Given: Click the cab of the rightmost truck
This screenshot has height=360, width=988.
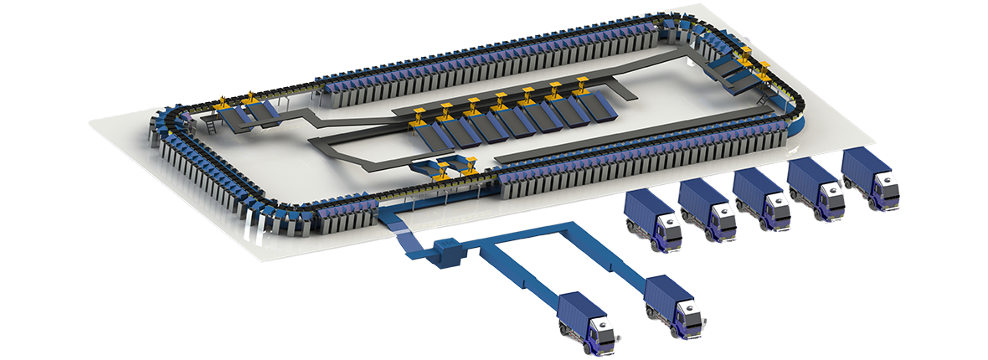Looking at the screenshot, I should pyautogui.click(x=882, y=188).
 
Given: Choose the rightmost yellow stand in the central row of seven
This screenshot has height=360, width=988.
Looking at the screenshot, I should pyautogui.click(x=582, y=85).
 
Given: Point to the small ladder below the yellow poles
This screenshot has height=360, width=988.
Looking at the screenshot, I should pyautogui.click(x=211, y=126).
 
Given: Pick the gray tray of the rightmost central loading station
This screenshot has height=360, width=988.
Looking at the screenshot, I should pyautogui.click(x=594, y=104).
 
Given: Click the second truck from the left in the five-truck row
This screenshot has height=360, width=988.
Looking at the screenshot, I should pyautogui.click(x=708, y=209).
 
